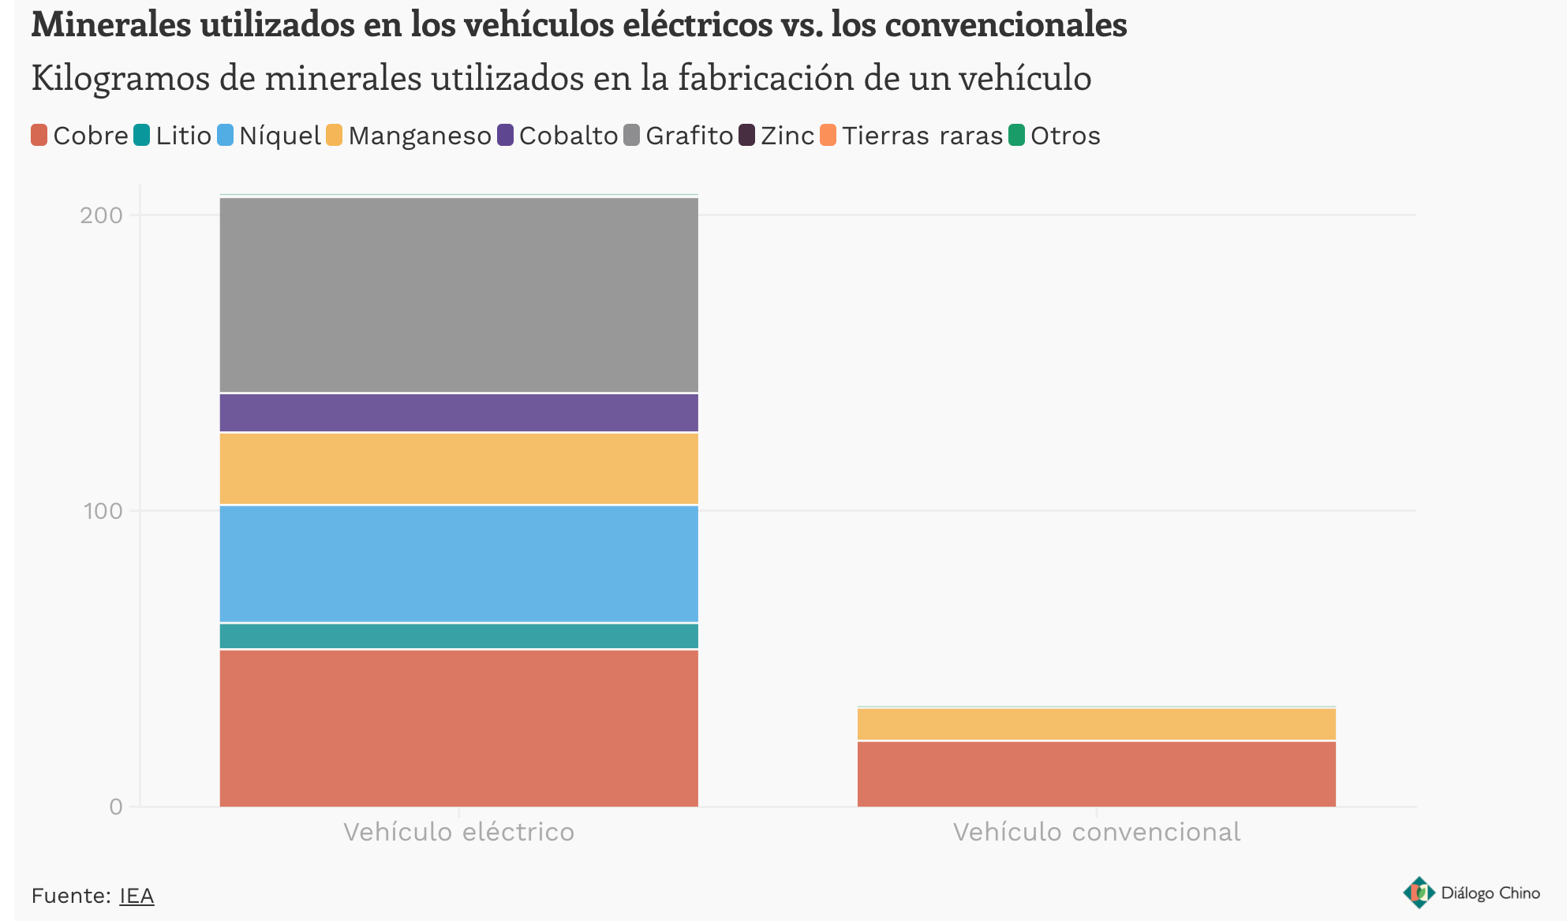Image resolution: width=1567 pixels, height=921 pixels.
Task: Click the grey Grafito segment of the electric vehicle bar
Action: (x=458, y=295)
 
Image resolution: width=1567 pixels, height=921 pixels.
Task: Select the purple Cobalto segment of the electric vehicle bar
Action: (x=458, y=412)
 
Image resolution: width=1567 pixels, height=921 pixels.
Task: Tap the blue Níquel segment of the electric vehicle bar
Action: (x=458, y=564)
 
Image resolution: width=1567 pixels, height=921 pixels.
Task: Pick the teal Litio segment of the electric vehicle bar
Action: (x=458, y=636)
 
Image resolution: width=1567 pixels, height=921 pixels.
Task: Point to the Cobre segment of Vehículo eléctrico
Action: (x=458, y=728)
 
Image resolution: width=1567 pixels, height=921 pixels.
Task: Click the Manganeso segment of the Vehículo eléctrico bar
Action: (x=458, y=468)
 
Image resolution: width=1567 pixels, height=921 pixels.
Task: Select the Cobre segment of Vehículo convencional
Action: (x=1096, y=774)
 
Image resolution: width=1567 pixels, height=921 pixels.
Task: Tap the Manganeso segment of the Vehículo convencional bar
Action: (x=1096, y=724)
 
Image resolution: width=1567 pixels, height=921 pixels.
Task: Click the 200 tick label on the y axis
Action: (x=101, y=215)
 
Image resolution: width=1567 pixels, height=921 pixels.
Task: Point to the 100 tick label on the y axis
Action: (x=103, y=511)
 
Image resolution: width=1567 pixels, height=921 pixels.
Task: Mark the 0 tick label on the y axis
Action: (x=116, y=807)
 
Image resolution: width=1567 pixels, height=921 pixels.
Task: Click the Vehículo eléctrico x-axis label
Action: (x=458, y=832)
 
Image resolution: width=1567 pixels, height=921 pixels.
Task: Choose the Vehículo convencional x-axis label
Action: (x=1096, y=832)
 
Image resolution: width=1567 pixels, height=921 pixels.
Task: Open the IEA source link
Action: (x=137, y=896)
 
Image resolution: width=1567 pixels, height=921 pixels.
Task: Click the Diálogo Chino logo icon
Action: (x=1419, y=893)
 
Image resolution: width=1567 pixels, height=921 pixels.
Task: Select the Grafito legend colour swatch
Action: (x=632, y=136)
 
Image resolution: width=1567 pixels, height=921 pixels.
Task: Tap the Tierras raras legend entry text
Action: (x=922, y=136)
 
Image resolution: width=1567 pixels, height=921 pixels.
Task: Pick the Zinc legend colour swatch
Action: (x=747, y=136)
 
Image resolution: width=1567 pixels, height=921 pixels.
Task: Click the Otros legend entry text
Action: (x=1065, y=136)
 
